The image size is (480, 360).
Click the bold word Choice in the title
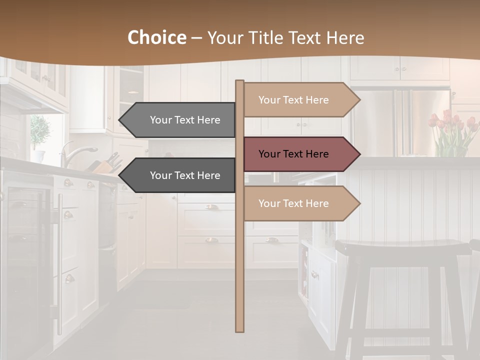pos(156,37)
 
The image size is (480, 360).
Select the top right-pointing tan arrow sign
pos(300,100)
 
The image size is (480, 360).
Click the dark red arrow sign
pos(300,154)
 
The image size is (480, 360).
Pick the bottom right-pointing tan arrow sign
pos(300,203)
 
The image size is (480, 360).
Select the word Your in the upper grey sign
pos(160,120)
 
